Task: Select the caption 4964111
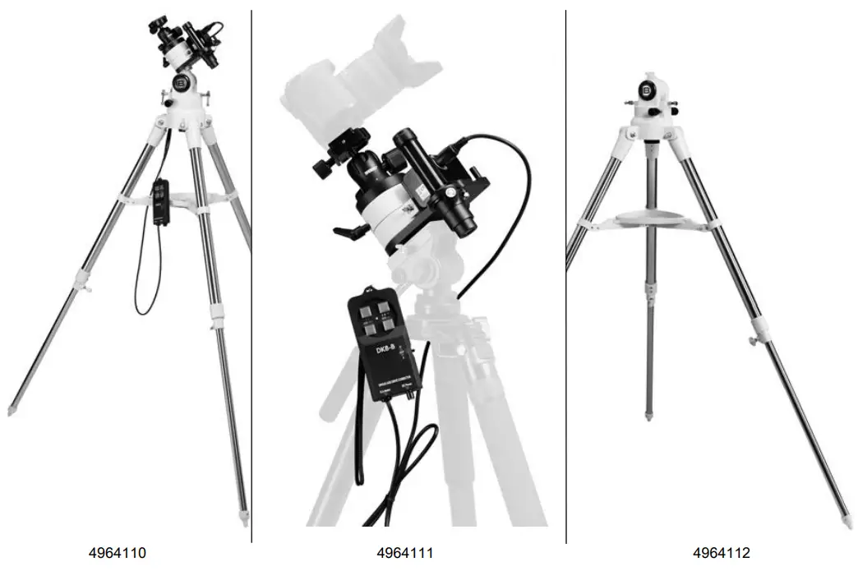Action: (x=405, y=553)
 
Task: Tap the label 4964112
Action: (x=722, y=553)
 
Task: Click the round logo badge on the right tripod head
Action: (x=647, y=88)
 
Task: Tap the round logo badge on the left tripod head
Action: (x=182, y=82)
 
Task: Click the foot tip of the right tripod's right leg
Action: (x=848, y=522)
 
